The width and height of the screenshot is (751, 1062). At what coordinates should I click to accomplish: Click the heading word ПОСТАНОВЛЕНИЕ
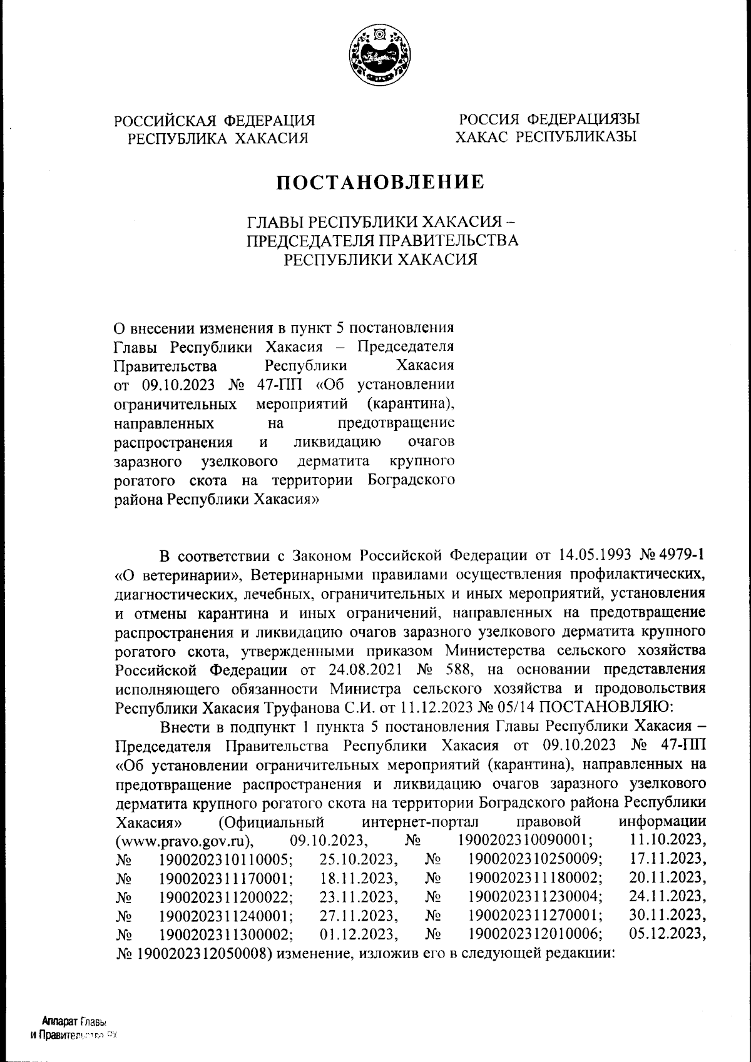381,182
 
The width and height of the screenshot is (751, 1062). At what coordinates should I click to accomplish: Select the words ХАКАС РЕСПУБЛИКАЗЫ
546,136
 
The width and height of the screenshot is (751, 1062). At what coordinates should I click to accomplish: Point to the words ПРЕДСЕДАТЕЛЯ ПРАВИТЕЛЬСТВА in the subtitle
382,240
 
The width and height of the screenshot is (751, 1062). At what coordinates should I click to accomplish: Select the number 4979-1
684,556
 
